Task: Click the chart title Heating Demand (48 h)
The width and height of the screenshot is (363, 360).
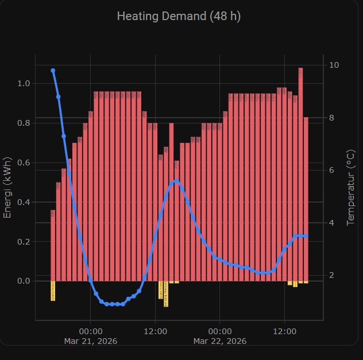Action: (179, 16)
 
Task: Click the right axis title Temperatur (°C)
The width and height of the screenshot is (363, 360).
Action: (350, 187)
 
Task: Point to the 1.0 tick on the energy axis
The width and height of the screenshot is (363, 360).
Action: (24, 84)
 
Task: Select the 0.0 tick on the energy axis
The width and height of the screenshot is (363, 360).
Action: (24, 281)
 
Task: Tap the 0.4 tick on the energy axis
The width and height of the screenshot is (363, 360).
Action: (24, 202)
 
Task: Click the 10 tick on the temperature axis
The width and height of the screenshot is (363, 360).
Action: (333, 65)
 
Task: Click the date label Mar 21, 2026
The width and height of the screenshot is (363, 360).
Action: (91, 341)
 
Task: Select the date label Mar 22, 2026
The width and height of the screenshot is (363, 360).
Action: (220, 341)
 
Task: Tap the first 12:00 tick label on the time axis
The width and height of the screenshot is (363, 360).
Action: (155, 331)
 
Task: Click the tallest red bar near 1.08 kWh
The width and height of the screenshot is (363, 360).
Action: (300, 172)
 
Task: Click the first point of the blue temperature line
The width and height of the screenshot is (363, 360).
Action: (53, 71)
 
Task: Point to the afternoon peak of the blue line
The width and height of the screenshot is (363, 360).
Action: (176, 181)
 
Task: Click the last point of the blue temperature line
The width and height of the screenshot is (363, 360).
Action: (306, 236)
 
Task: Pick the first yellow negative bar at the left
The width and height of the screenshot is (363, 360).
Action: (53, 291)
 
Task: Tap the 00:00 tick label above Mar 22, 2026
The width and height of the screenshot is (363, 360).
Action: (220, 331)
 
